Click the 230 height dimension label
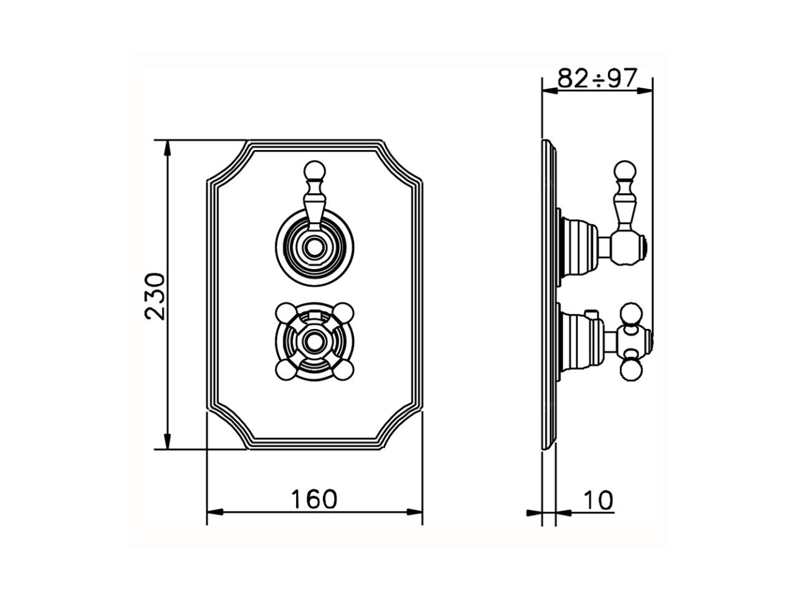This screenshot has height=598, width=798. [x=155, y=295]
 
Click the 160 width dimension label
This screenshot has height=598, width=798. [x=314, y=499]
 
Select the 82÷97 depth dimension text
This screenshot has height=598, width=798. [x=597, y=78]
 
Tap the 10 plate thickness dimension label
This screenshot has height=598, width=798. [x=598, y=499]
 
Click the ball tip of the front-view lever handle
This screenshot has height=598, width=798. [x=314, y=170]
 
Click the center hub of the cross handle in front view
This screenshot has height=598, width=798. [x=314, y=340]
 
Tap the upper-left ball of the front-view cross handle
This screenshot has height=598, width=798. [x=286, y=311]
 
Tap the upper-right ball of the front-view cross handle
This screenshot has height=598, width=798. [x=342, y=311]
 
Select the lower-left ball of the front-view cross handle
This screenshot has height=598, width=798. [x=286, y=369]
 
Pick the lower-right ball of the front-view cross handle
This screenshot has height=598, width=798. [x=342, y=369]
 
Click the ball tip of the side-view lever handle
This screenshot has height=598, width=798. [x=625, y=169]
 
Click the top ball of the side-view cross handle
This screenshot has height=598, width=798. [x=630, y=314]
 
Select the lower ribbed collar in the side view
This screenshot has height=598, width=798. [x=577, y=340]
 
